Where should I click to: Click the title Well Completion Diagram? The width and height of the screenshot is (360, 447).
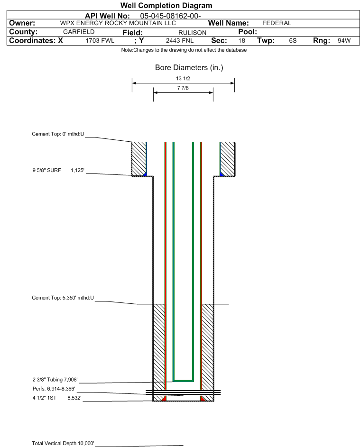click(x=166, y=5)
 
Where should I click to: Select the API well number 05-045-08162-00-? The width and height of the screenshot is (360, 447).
click(x=170, y=16)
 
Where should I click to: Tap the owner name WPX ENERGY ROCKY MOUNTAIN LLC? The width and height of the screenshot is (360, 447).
click(x=118, y=23)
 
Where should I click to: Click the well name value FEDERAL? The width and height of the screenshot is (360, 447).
click(x=277, y=23)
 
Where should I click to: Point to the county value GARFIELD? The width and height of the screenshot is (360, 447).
click(x=79, y=32)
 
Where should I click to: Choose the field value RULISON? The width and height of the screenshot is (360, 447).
click(x=192, y=33)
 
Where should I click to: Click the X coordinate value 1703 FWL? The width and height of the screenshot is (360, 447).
click(x=100, y=40)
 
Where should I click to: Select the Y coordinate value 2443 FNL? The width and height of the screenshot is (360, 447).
click(x=180, y=40)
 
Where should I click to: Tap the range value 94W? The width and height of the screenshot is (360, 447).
click(x=344, y=40)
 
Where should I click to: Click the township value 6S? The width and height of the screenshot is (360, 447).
click(x=293, y=40)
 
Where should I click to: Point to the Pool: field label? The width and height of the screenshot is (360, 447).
click(x=248, y=32)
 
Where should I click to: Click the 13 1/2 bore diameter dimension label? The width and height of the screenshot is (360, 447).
click(x=183, y=78)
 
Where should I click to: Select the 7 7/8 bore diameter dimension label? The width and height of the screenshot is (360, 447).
click(x=183, y=88)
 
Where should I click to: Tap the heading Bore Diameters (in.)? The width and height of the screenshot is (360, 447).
click(x=189, y=68)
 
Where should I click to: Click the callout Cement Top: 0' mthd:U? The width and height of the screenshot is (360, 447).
click(x=58, y=134)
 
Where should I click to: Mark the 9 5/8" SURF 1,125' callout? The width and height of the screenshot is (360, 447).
click(x=58, y=171)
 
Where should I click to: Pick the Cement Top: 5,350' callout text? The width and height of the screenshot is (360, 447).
click(x=63, y=298)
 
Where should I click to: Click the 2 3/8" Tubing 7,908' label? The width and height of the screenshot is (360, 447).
click(x=55, y=380)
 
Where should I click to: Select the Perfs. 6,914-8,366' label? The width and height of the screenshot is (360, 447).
click(x=54, y=389)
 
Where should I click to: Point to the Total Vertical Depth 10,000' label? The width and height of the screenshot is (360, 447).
click(x=63, y=443)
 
